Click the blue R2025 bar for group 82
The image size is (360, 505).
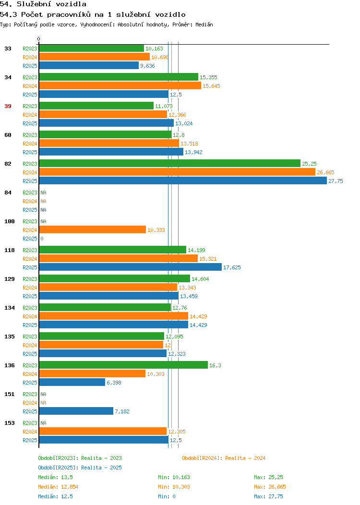point(183,180)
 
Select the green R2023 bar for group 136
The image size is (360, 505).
point(123,365)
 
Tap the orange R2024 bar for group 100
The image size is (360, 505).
point(93,229)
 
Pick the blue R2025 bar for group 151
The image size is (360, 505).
point(76,411)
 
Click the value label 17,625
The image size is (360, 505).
point(232,267)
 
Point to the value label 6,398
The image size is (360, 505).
point(114,383)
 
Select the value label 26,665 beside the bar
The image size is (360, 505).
point(325,172)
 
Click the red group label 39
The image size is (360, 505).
point(8,106)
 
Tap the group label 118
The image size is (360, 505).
point(9,250)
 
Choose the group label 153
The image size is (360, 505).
point(9,423)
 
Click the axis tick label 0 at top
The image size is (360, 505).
point(39,39)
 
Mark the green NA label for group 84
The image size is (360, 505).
point(44,192)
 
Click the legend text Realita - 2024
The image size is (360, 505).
point(245,458)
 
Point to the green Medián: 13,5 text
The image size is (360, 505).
point(55,477)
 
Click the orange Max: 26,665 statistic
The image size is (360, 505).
point(270,487)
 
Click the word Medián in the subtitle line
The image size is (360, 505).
point(204,24)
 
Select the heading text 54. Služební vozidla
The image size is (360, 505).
point(43,4)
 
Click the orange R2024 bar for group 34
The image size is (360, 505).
point(120,85)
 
